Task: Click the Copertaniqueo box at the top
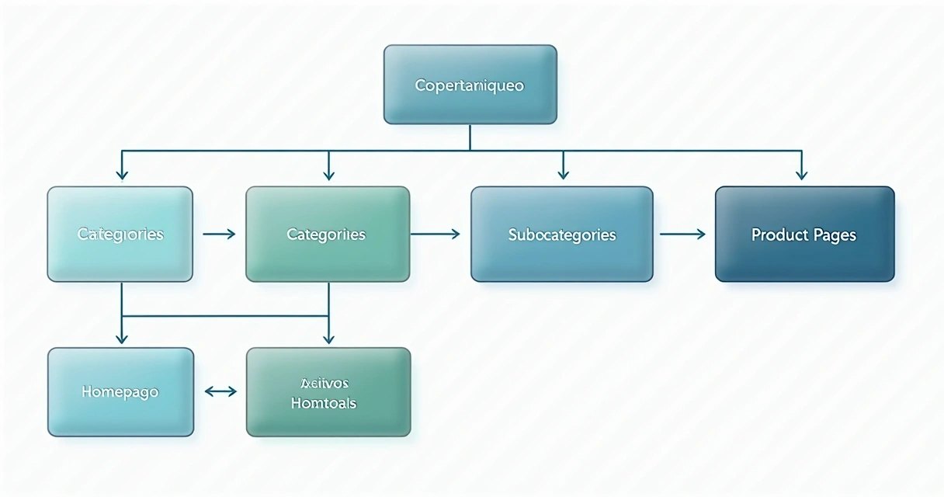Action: coord(470,85)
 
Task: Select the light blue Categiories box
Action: coord(120,234)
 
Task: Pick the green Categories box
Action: coord(327,234)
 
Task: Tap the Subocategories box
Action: coord(561,234)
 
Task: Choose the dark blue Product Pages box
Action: coord(804,234)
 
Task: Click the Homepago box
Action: coord(120,391)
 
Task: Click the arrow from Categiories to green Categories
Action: coord(219,233)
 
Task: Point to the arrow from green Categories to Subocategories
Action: coord(435,233)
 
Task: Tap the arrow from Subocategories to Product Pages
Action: coord(682,233)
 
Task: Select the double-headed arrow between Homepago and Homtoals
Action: coord(220,392)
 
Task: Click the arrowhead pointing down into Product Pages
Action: coord(802,175)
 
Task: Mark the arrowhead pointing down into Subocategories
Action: coord(564,175)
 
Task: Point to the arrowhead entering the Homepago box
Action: coord(121,338)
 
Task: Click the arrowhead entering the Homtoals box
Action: coord(328,338)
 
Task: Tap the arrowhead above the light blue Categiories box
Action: coord(120,175)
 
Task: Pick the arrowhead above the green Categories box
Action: coord(329,175)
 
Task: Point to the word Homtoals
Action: coord(324,404)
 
